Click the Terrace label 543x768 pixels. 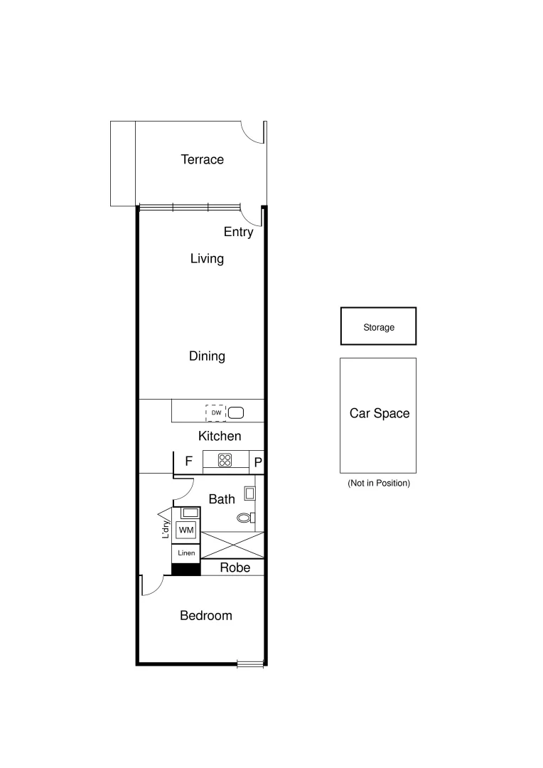202,159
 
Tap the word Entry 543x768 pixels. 238,232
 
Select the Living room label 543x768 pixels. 207,258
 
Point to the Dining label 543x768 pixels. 207,356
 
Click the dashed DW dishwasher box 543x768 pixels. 215,412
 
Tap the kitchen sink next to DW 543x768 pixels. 236,412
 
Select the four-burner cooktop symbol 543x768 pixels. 225,460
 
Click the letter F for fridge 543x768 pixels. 189,462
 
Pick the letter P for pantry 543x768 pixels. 258,462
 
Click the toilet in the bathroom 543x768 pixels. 245,518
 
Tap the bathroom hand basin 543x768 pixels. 249,492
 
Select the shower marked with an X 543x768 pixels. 232,545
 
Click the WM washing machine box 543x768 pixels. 186,530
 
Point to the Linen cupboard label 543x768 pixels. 186,553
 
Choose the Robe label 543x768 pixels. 235,567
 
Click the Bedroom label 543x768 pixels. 205,615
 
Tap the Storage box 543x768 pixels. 378,327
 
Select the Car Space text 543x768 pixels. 379,413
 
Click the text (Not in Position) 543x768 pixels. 378,484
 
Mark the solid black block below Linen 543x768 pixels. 186,569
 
